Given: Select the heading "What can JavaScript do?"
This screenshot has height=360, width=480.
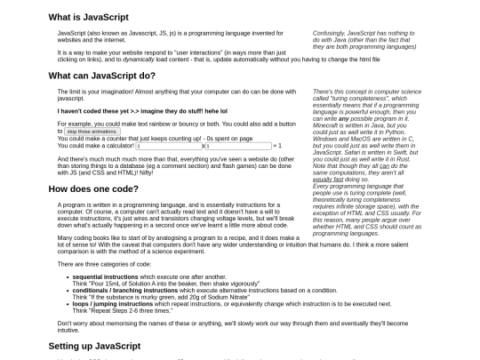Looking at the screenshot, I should click(101, 76).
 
